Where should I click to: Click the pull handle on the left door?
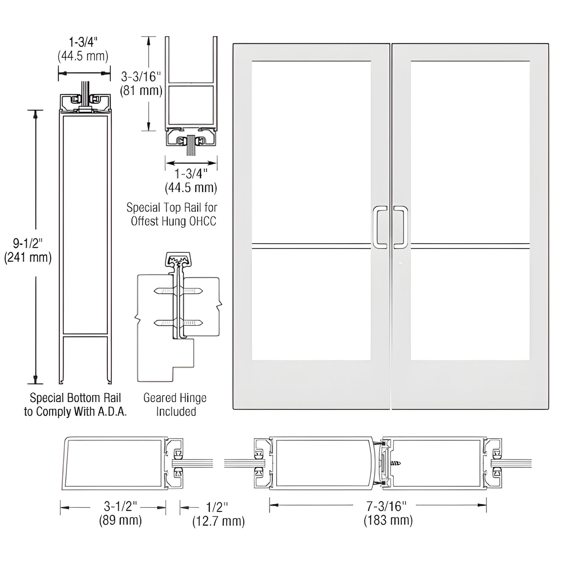click(x=379, y=227)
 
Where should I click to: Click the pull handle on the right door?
click(x=401, y=227)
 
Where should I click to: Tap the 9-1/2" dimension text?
click(x=28, y=243)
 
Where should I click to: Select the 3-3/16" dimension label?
click(x=141, y=77)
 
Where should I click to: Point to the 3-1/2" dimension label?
click(x=121, y=506)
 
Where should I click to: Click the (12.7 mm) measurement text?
click(x=218, y=521)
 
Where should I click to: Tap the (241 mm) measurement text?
click(x=28, y=257)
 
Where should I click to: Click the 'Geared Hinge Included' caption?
click(x=175, y=404)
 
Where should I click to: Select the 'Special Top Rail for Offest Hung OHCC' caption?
click(x=172, y=214)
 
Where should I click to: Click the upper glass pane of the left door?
click(x=311, y=151)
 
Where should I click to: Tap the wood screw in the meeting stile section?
click(x=395, y=464)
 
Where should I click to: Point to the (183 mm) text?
click(x=388, y=520)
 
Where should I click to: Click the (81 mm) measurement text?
click(x=141, y=91)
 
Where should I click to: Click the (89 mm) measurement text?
click(x=120, y=520)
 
